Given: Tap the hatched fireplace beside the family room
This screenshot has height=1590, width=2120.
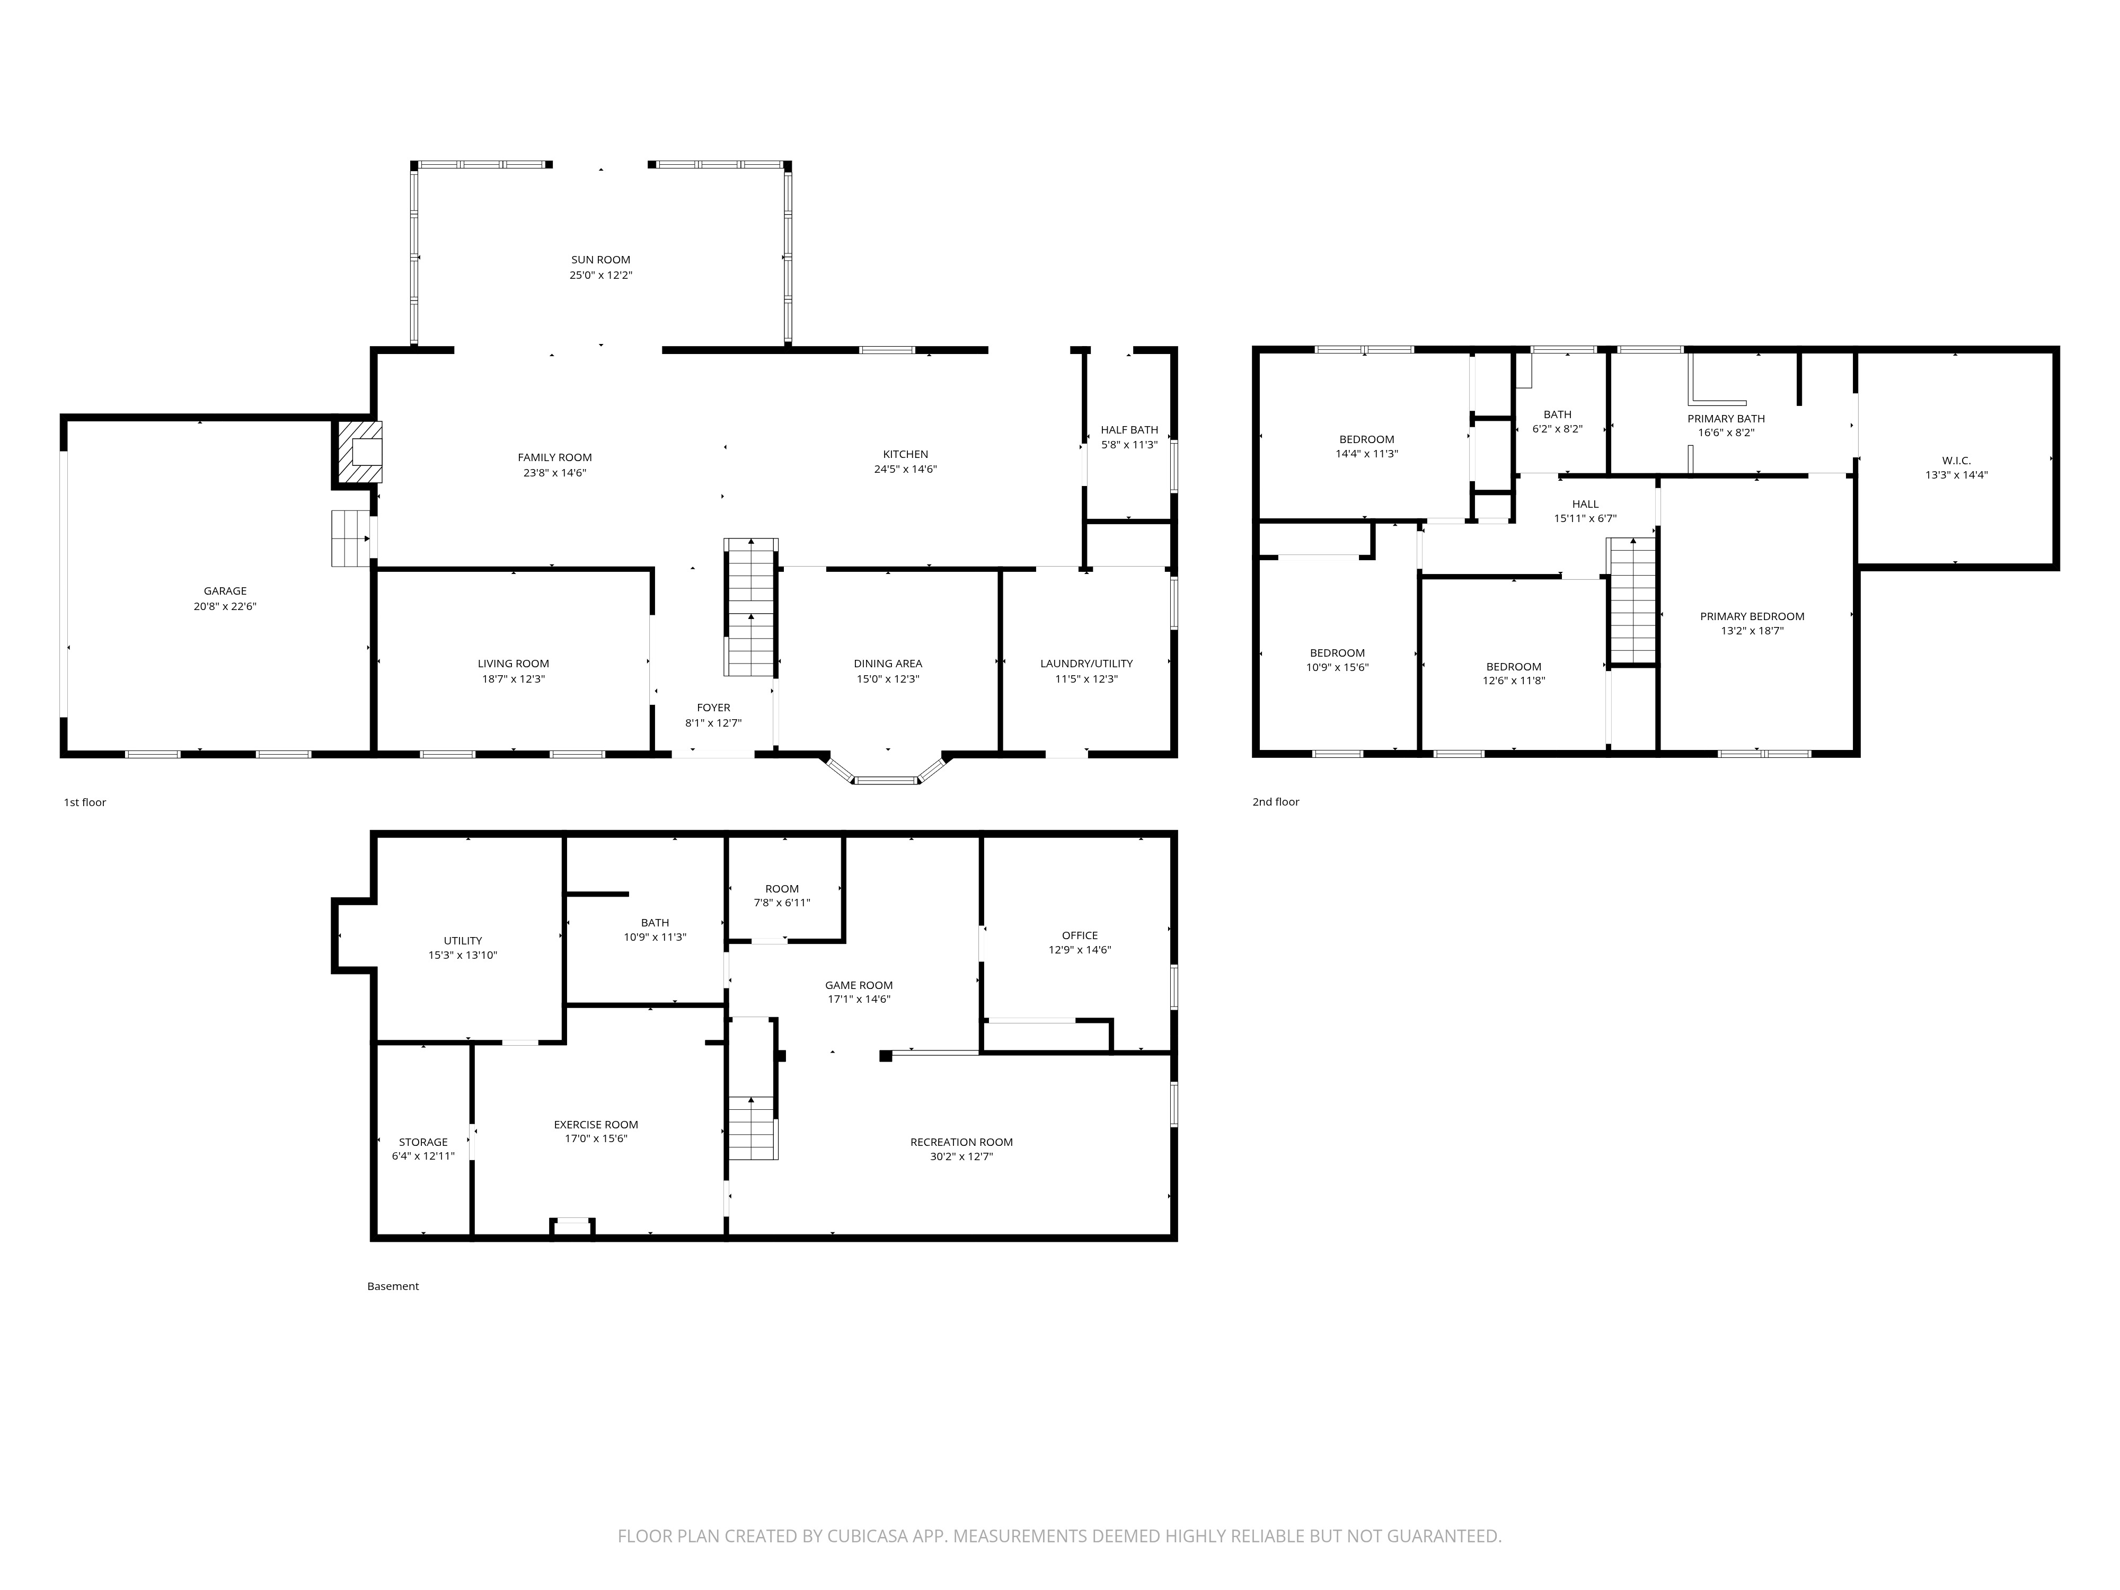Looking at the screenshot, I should coord(358,453).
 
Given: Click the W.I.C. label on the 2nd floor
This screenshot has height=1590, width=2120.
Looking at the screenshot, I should coord(1956,460).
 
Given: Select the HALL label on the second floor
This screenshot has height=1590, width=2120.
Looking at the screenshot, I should coord(1585,504).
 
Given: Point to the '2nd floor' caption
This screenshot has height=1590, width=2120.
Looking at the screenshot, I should coord(1276,802).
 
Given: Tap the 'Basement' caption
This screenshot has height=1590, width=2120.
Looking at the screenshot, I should coord(393,1286).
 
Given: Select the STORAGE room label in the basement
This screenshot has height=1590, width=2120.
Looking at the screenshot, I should coord(422,1143).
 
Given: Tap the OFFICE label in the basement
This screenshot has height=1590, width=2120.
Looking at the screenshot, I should coord(1079,935).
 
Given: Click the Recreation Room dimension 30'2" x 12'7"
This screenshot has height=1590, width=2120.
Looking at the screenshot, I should coord(961,1157).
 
